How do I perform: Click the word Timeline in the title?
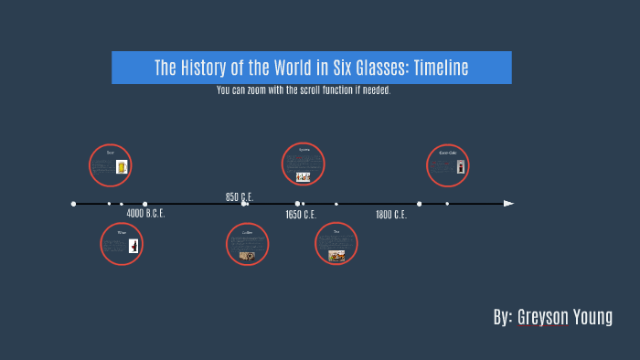click(441, 68)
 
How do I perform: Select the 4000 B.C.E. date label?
click(145, 214)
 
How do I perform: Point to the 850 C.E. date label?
click(240, 196)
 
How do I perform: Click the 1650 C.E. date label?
click(300, 215)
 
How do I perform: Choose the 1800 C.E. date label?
click(390, 215)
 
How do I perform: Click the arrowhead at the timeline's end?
click(508, 204)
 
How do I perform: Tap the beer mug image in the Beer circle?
click(122, 167)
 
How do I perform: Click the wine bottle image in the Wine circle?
click(133, 246)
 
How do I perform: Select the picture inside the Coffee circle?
click(247, 256)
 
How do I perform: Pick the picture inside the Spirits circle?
click(303, 176)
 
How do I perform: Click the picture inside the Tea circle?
click(336, 256)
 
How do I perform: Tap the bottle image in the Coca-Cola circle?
click(461, 166)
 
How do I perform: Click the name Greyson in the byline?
click(543, 317)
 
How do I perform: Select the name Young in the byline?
click(593, 317)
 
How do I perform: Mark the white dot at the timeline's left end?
click(73, 204)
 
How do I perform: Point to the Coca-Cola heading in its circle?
click(447, 153)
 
